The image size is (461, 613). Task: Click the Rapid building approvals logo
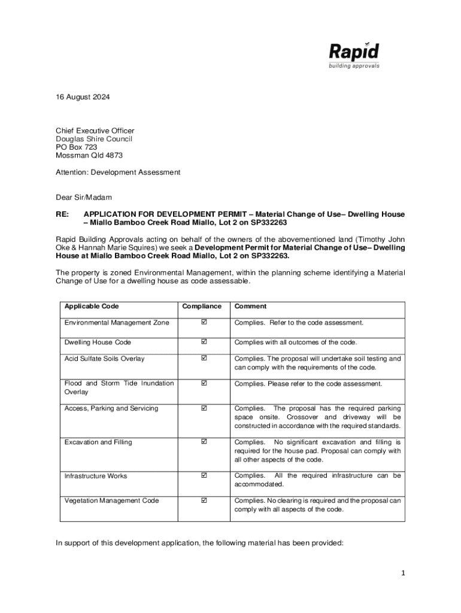point(354,55)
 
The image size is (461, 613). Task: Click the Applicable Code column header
point(92,306)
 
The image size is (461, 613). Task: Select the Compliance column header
point(202,306)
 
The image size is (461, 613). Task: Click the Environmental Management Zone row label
point(117,323)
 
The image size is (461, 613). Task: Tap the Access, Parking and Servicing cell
point(111,408)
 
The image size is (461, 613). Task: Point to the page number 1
point(404,573)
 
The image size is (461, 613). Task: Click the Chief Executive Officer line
point(95,131)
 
